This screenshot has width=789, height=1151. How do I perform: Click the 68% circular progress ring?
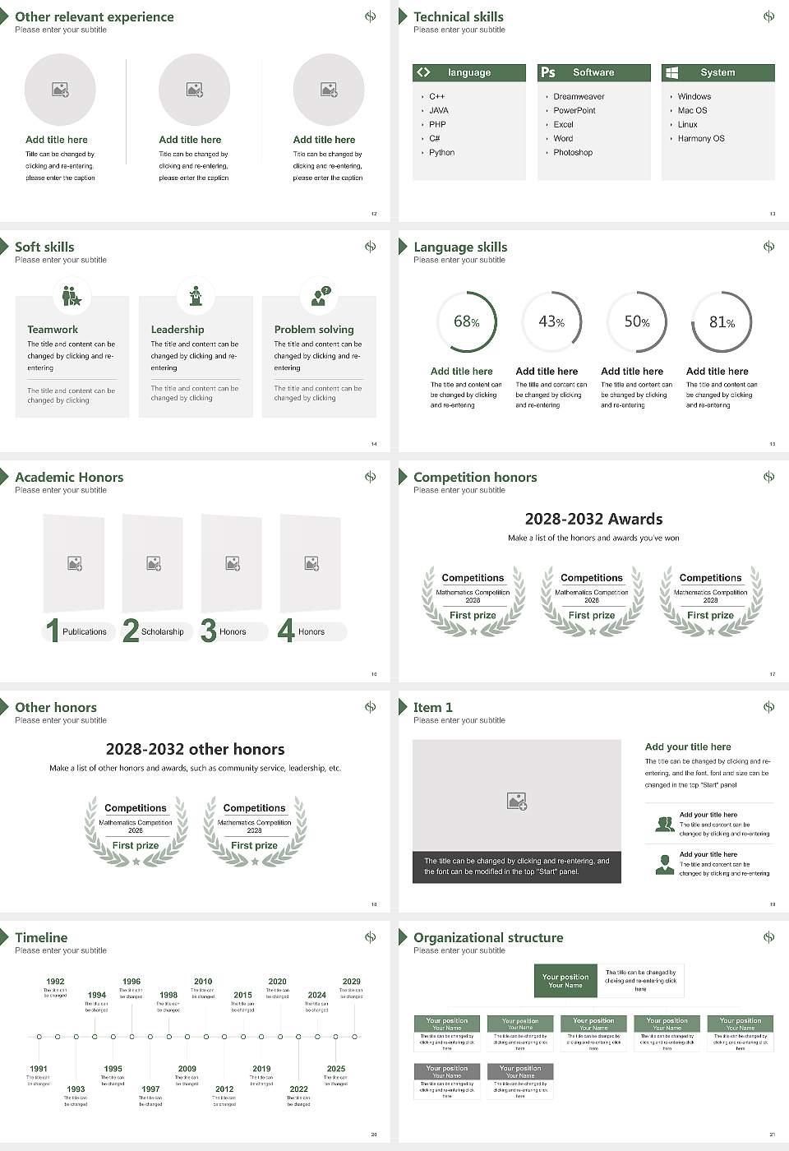coord(467,321)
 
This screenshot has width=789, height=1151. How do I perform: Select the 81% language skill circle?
coord(722,321)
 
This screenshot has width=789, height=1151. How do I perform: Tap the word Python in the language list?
coord(441,153)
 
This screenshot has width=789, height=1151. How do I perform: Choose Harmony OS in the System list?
coord(701,139)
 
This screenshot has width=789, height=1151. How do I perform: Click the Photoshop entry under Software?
coord(573,153)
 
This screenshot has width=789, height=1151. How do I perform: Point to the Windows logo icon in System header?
coord(671,72)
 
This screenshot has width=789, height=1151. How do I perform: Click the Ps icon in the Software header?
coord(548,72)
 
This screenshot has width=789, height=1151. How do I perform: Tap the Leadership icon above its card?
coord(196,295)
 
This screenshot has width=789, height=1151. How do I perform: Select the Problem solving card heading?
coord(314,330)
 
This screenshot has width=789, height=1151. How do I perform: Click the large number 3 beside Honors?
coord(208,631)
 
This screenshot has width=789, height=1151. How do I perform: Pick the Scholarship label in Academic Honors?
coord(162,632)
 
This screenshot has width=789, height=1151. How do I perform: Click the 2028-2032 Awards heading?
coord(593,519)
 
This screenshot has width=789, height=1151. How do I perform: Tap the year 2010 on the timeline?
coord(203,982)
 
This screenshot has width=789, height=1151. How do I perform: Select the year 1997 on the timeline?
coord(150,1089)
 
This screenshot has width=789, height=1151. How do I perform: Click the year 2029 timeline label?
coord(352,982)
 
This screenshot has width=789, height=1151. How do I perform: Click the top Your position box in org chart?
coord(565,981)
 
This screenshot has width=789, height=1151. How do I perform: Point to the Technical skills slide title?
coord(459,16)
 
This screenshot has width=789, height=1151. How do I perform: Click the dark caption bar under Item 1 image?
coord(516,867)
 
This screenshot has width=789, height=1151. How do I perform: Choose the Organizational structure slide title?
coord(488,937)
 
